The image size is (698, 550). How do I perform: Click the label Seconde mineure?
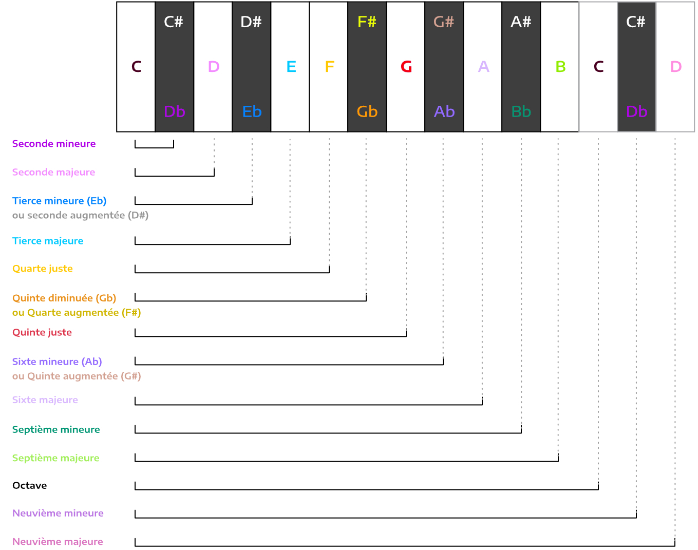(x=54, y=144)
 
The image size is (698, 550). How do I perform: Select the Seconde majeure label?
(x=53, y=172)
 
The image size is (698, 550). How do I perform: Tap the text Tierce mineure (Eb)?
(x=59, y=201)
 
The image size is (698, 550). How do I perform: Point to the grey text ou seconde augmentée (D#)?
(x=80, y=215)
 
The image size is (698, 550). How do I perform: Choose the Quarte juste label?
(x=43, y=269)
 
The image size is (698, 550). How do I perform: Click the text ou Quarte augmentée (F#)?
(x=77, y=312)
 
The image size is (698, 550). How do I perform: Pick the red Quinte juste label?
(x=42, y=332)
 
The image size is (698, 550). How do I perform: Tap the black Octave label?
(x=30, y=485)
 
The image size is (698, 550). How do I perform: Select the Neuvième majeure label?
(x=58, y=541)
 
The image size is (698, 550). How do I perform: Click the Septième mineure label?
(x=56, y=429)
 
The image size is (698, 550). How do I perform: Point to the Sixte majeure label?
(x=45, y=400)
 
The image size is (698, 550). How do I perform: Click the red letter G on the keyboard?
(x=406, y=67)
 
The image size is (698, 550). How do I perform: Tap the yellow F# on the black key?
(x=367, y=22)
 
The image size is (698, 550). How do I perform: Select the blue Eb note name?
(x=252, y=111)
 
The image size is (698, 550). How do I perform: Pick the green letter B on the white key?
(x=560, y=67)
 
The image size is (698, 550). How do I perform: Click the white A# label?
(x=521, y=22)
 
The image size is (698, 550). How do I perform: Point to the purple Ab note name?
(x=444, y=111)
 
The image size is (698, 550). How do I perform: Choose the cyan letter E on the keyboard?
(x=291, y=67)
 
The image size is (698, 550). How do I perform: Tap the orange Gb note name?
(x=367, y=111)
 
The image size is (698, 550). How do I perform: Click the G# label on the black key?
(x=444, y=22)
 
